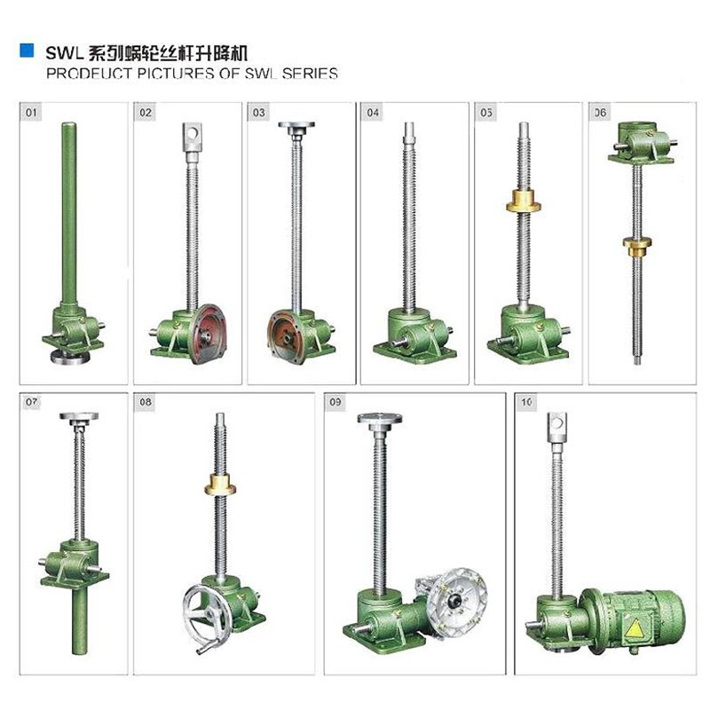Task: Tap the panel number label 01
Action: (33, 114)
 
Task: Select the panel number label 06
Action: (601, 114)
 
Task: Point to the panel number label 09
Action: (335, 403)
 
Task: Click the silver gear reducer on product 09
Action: (453, 603)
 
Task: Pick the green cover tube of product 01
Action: (68, 213)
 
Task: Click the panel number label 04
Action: (373, 114)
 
